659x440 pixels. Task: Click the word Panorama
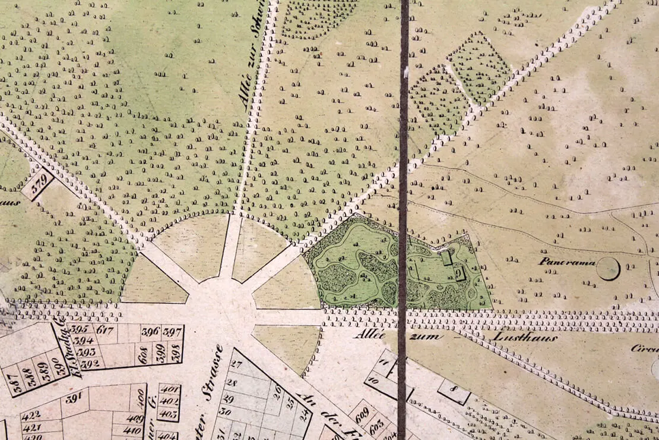pos(567,261)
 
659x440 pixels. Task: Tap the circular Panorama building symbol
pos(608,269)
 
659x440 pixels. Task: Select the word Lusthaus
pos(524,338)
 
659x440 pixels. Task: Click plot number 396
pos(150,331)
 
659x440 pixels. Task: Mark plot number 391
pos(74,398)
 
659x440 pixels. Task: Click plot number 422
pos(31,414)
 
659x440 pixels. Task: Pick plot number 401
pos(170,390)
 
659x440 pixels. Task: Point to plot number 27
pos(236,364)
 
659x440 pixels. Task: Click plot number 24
pos(305,415)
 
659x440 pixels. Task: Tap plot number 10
pos(374,379)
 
